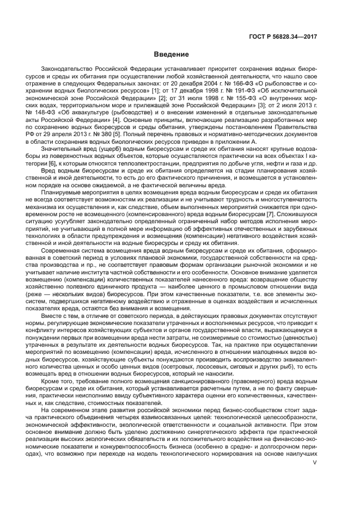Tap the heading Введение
click(x=171, y=54)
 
